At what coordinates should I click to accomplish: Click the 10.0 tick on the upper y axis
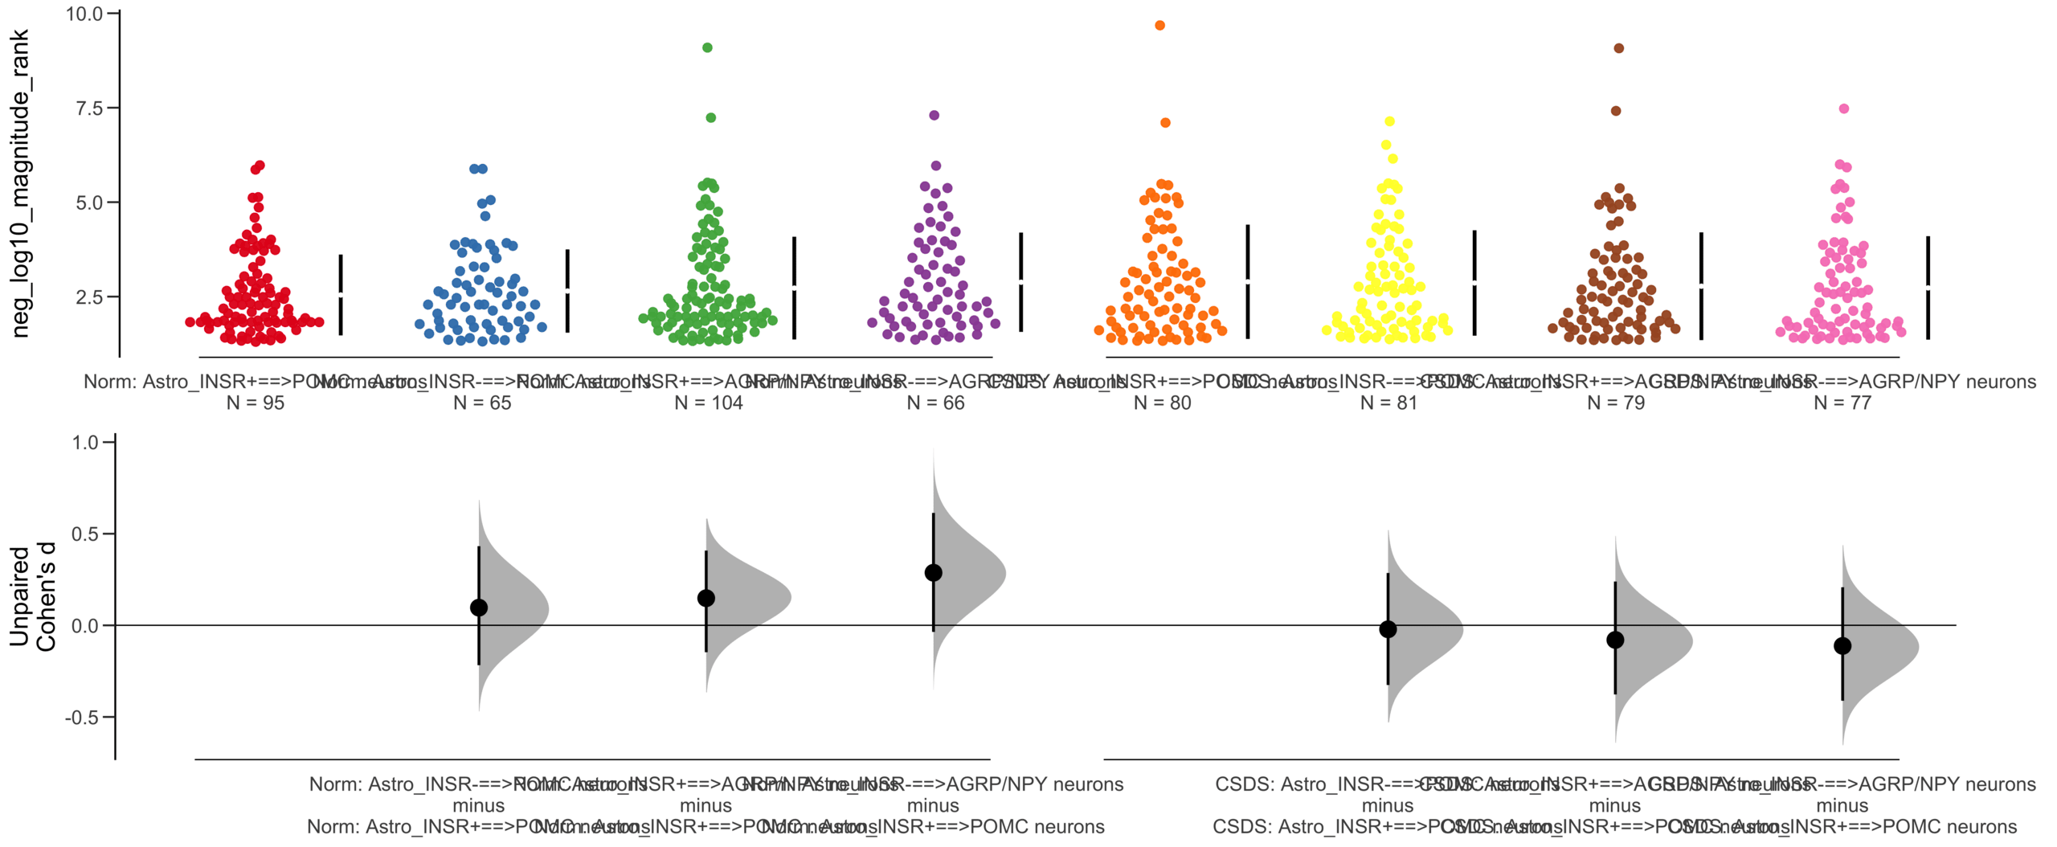pyautogui.click(x=84, y=14)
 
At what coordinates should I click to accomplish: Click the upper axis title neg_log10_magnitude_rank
pyautogui.click(x=20, y=183)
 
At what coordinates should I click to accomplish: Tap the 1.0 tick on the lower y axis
pyautogui.click(x=84, y=443)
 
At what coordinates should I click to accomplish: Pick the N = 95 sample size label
pyautogui.click(x=255, y=403)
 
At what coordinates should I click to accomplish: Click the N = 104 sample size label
pyautogui.click(x=708, y=403)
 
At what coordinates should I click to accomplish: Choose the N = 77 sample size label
pyautogui.click(x=1842, y=403)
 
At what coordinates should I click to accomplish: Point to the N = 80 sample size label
pyautogui.click(x=1162, y=403)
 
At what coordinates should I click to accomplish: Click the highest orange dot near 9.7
pyautogui.click(x=1159, y=26)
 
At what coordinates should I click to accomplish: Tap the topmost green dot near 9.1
pyautogui.click(x=707, y=47)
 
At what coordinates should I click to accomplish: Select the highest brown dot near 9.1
pyautogui.click(x=1618, y=48)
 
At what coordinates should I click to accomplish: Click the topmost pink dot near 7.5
pyautogui.click(x=1844, y=108)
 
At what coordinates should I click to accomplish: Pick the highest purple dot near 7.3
pyautogui.click(x=934, y=116)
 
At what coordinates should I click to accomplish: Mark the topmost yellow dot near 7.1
pyautogui.click(x=1389, y=122)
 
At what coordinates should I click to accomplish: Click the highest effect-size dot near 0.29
pyautogui.click(x=933, y=573)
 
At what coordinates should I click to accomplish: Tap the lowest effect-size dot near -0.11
pyautogui.click(x=1842, y=646)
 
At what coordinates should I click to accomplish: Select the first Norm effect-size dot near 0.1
pyautogui.click(x=479, y=608)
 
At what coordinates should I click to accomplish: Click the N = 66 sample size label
pyautogui.click(x=935, y=403)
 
